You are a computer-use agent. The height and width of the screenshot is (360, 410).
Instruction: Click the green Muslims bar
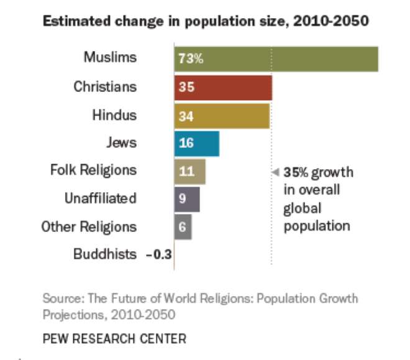[x=276, y=59]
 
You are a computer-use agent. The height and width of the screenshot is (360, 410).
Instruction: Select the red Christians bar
[x=224, y=88]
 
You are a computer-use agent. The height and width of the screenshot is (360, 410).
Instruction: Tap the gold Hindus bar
[x=222, y=116]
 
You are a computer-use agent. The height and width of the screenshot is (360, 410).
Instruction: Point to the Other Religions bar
[x=183, y=227]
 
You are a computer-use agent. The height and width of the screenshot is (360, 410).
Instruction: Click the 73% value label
[x=191, y=60]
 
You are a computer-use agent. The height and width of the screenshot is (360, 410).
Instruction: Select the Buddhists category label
[x=105, y=254]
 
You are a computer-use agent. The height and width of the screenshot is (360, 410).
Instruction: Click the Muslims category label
[x=110, y=58]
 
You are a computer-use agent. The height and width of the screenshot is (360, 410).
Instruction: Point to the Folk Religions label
[x=93, y=170]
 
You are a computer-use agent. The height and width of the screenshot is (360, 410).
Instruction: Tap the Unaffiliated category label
[x=101, y=198]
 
